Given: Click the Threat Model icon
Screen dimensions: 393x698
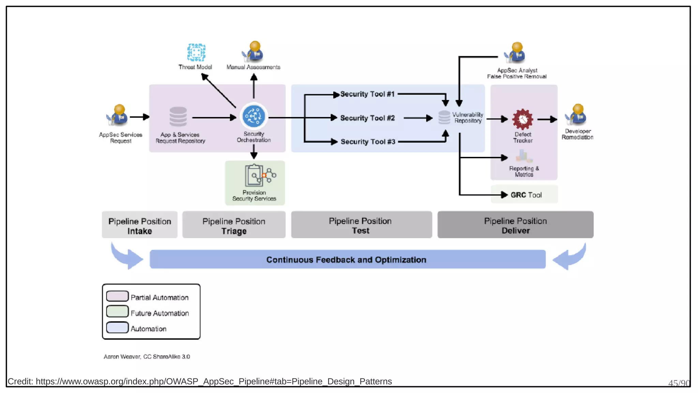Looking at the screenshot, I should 196,53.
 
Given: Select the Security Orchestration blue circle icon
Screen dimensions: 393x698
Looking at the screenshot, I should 254,116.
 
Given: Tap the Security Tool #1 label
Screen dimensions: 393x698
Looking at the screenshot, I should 367,94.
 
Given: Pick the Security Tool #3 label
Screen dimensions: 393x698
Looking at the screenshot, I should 368,142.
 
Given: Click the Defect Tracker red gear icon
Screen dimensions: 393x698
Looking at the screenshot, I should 522,119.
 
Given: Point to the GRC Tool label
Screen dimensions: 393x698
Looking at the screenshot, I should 526,195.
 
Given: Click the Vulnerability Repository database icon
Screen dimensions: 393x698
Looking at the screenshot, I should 444,117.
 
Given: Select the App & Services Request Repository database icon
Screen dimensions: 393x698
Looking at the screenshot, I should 178,117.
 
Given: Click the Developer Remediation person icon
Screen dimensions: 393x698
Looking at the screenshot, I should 577,115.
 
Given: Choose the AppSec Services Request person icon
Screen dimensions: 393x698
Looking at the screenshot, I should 118,115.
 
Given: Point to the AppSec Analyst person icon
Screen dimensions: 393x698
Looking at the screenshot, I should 515,53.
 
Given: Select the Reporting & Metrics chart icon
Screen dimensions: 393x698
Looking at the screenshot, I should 523,157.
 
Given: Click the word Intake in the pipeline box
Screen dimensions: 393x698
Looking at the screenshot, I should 140,231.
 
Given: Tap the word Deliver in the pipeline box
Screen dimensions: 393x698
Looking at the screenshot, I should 515,231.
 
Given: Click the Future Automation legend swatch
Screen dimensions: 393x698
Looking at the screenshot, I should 117,311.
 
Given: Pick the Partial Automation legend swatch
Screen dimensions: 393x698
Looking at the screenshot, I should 117,296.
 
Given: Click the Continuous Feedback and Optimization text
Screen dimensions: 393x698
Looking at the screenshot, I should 346,260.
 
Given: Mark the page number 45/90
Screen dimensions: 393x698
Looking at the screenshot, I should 679,383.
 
